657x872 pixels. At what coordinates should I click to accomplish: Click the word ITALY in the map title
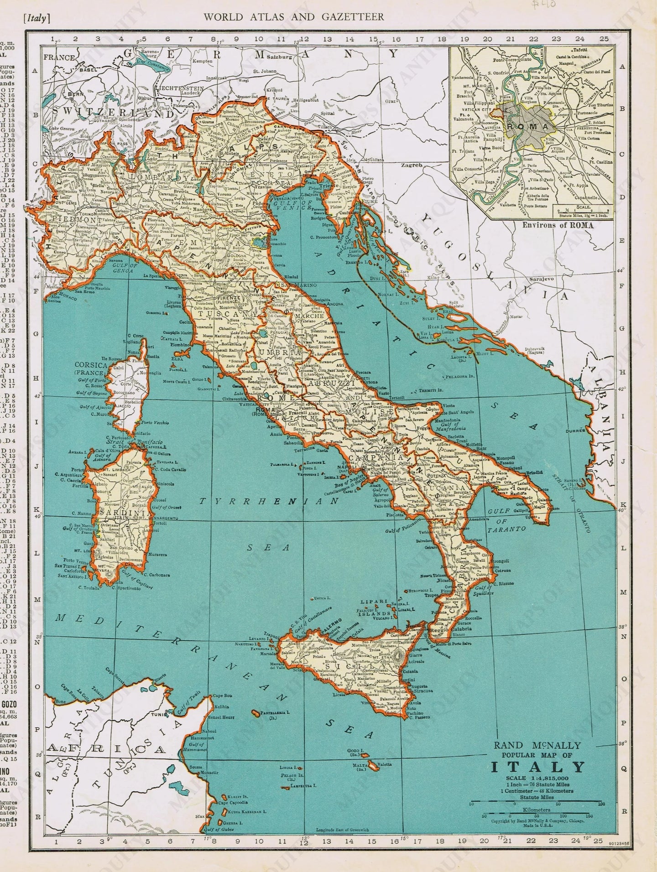tap(537, 766)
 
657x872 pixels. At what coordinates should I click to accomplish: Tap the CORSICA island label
tap(93, 365)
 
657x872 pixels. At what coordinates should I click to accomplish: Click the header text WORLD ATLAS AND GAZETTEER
tap(293, 17)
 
